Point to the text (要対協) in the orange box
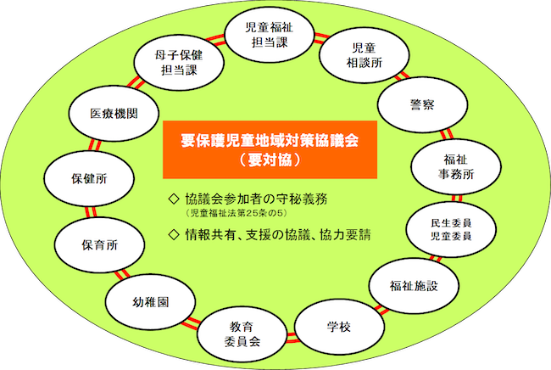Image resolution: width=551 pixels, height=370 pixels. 270,160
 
